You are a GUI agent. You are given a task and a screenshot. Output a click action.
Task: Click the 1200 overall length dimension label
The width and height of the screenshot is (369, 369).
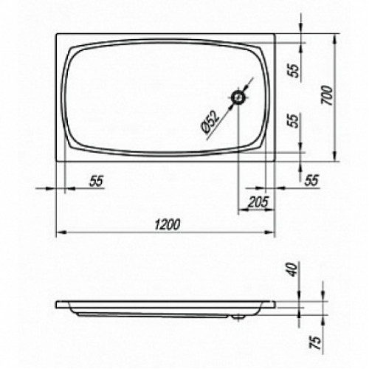(x=168, y=224)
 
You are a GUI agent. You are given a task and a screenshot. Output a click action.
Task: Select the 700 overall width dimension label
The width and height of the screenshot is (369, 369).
(x=328, y=95)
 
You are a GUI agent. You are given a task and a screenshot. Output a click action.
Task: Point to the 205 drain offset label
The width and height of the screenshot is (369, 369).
(x=258, y=202)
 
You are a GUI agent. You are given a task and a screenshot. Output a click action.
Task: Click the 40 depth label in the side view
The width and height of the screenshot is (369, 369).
(x=293, y=269)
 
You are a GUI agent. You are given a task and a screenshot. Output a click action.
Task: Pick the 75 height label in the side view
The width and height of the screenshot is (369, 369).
(x=316, y=342)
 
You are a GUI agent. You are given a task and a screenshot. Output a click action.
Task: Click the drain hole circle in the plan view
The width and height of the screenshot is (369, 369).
(x=238, y=98)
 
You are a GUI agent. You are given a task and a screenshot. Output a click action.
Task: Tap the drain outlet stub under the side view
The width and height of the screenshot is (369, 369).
(x=238, y=317)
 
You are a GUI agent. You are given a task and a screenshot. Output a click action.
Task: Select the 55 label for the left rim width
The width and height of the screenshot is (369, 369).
(x=97, y=181)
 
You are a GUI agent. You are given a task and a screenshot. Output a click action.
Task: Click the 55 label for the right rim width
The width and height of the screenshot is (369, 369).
(x=311, y=180)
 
